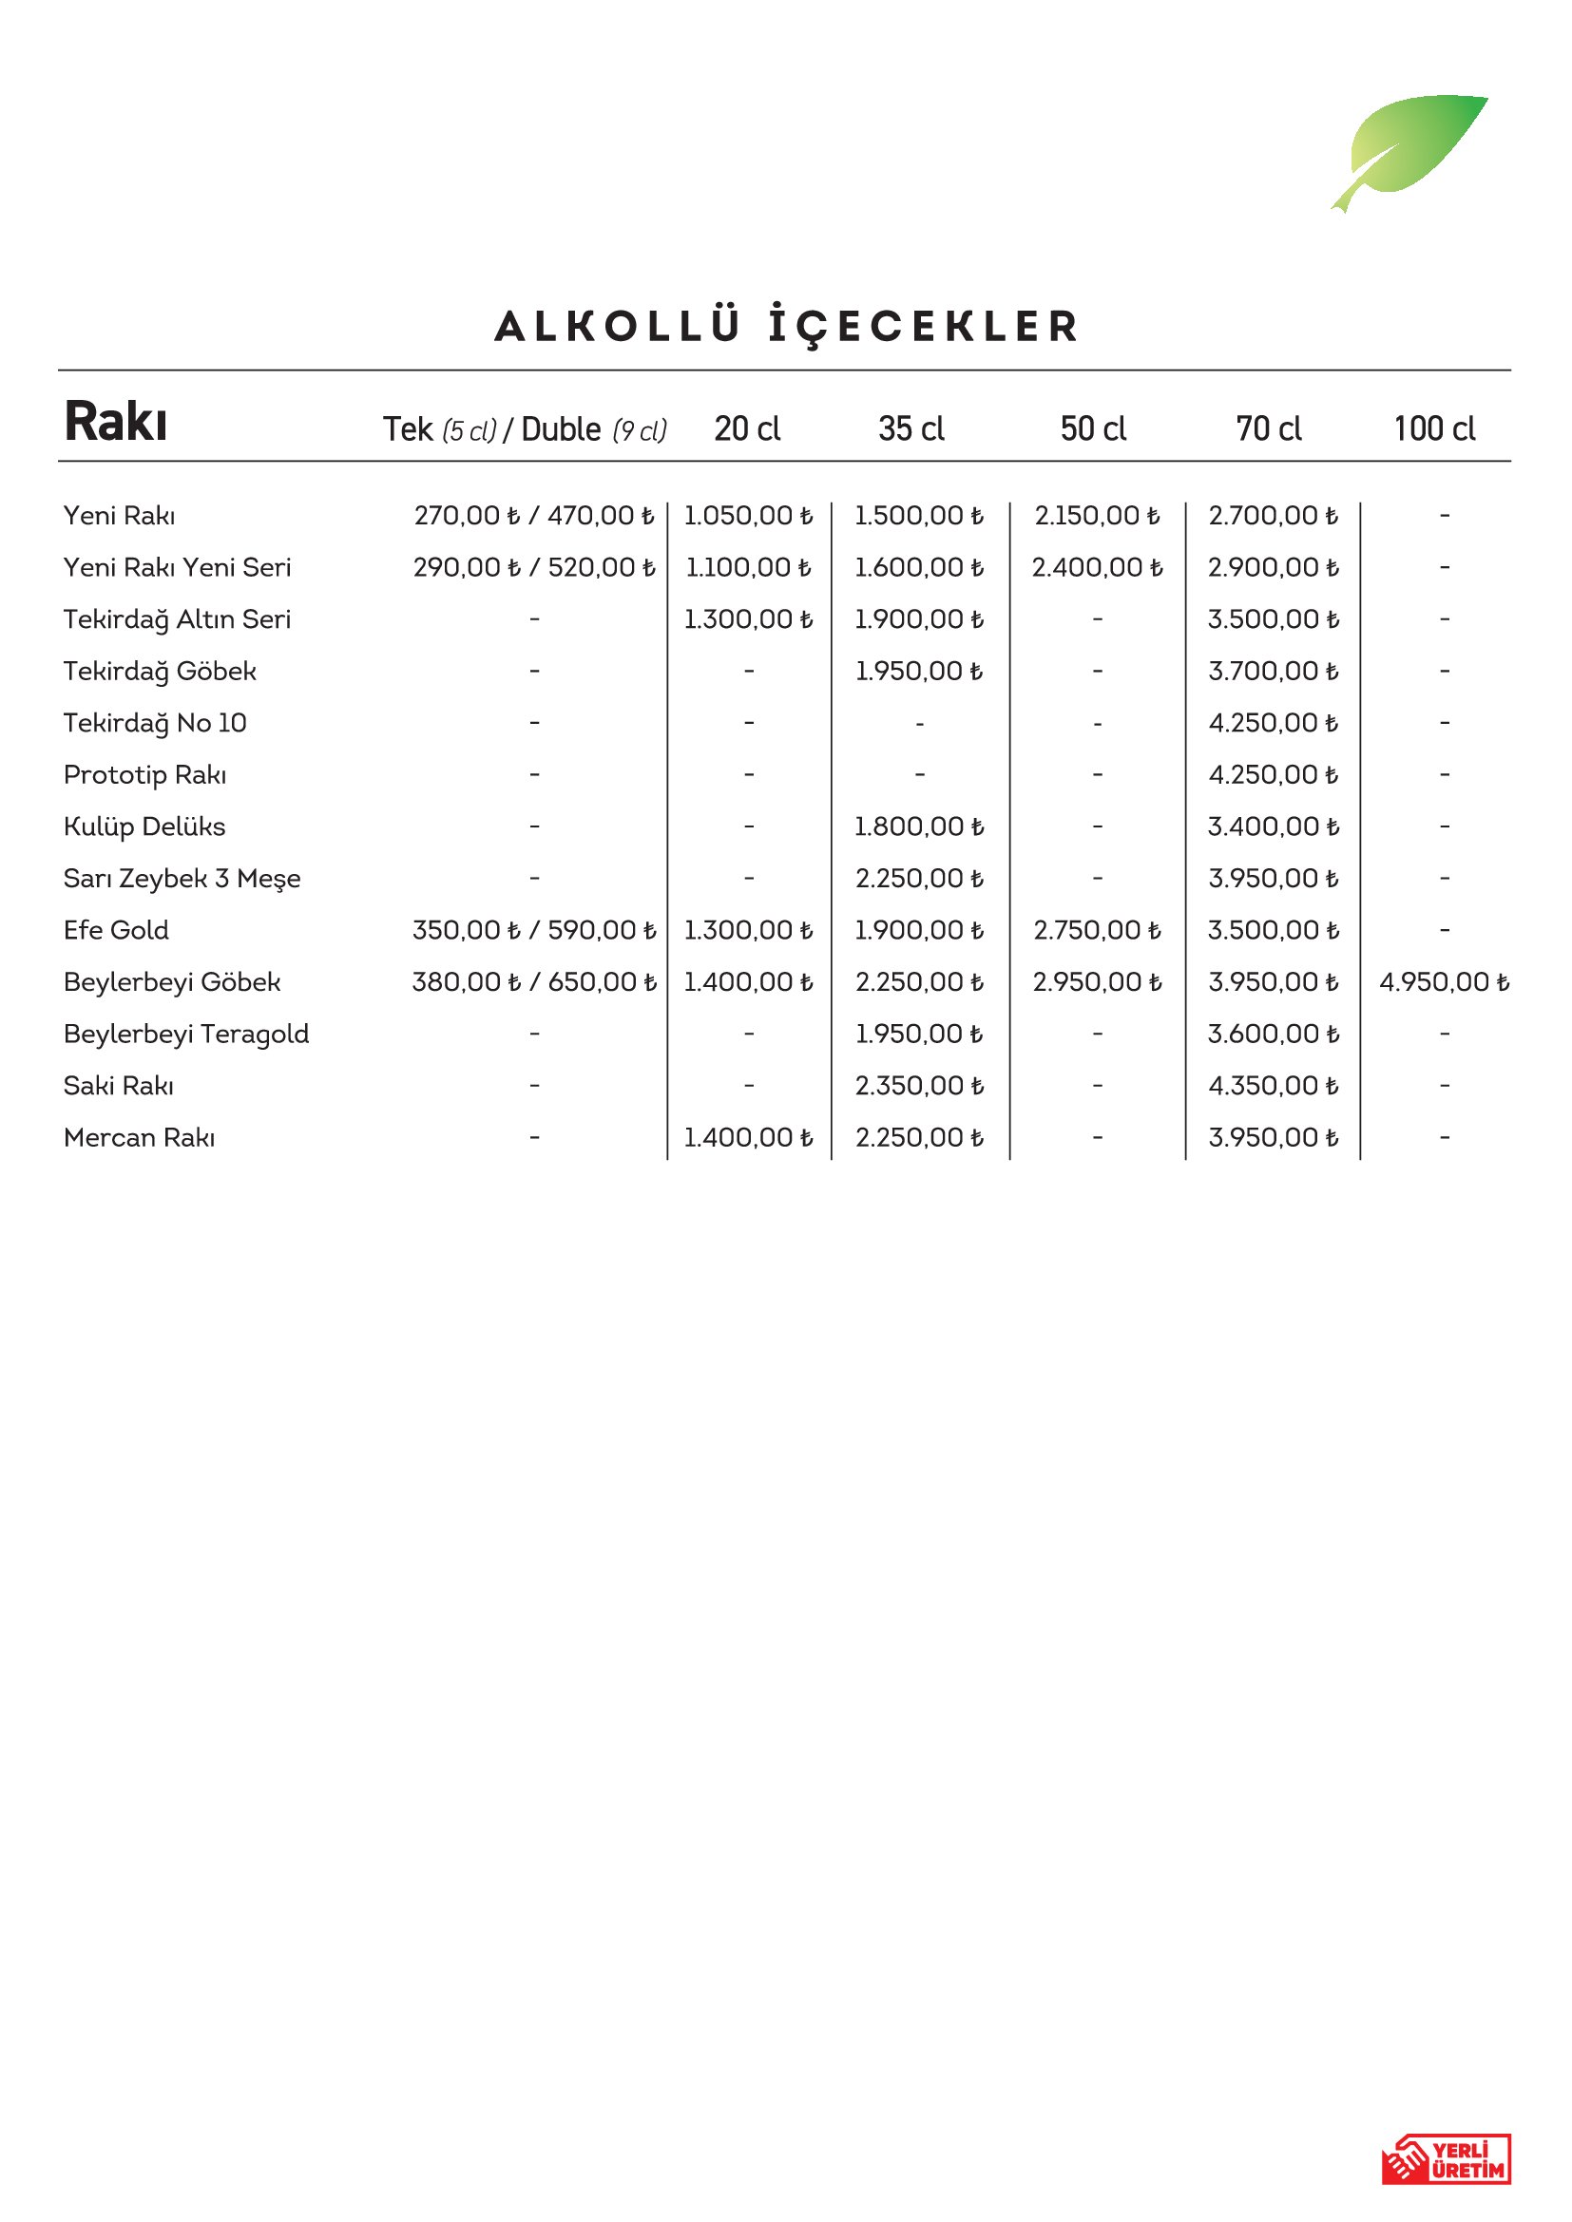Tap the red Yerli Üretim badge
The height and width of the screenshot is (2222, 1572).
coord(1446,2159)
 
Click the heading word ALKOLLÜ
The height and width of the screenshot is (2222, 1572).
coord(618,326)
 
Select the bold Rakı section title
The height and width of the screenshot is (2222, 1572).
coord(115,422)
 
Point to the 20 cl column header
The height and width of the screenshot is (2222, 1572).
coord(747,428)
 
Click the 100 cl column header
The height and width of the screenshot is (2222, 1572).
coord(1433,428)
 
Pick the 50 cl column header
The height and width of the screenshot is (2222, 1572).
coord(1093,428)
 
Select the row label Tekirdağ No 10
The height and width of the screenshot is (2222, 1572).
coord(155,723)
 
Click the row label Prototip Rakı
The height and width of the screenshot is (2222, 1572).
coord(145,775)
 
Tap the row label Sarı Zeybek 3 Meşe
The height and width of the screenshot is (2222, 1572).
coord(182,879)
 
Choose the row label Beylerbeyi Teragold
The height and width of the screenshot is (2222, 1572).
coord(186,1034)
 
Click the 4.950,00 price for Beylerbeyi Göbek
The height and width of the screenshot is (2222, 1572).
coord(1444,982)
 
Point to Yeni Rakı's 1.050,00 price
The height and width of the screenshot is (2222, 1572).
coord(747,516)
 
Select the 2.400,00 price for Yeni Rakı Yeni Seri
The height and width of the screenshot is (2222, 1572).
coord(1096,567)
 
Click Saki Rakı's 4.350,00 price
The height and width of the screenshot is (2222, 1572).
coord(1272,1086)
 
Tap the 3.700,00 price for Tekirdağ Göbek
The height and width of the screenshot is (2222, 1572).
coord(1272,671)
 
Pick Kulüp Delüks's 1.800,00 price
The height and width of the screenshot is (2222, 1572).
coord(919,826)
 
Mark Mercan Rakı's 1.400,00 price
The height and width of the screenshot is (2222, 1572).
coord(747,1137)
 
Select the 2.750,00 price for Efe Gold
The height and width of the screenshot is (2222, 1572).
coord(1096,930)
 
